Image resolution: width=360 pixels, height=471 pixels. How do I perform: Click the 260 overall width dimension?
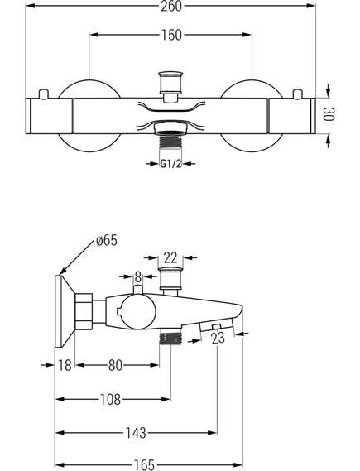point(171,7)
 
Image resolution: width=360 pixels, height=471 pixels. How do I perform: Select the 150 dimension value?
point(171,35)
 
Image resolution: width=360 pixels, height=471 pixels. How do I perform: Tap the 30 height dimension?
point(329,113)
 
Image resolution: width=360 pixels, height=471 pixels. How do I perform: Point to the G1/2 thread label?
point(170,164)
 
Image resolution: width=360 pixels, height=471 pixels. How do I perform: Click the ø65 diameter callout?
point(106,241)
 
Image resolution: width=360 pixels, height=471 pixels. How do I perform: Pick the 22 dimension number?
point(170,257)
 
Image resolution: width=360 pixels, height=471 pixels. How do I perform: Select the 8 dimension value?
point(138,277)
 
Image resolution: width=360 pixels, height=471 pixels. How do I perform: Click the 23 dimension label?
point(218,339)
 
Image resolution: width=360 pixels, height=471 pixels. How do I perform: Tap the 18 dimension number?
point(65,365)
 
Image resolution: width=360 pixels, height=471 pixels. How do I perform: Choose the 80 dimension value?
point(115,365)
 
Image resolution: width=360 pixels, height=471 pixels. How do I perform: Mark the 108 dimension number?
point(111,400)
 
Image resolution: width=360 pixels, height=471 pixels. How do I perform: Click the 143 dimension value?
point(136,433)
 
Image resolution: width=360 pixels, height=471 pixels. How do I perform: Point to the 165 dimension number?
point(144,465)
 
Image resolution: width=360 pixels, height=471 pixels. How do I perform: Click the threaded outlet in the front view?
point(170,141)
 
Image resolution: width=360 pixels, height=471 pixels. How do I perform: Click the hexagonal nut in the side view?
point(84,311)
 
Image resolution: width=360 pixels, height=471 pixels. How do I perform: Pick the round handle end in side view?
point(136,311)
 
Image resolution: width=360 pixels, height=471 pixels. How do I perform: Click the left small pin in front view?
point(44,94)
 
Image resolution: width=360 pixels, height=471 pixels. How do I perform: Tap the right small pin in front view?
point(297,94)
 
